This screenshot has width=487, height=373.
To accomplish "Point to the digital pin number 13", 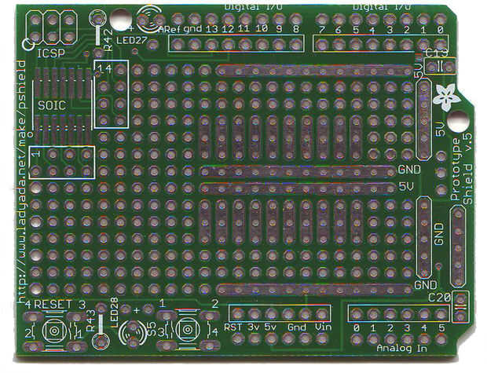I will [211, 29].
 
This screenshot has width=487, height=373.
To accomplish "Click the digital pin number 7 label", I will [321, 29].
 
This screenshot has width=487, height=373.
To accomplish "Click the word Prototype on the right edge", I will [456, 169].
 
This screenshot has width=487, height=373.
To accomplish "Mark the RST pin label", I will [233, 327].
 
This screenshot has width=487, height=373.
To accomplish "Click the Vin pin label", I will [323, 327].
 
